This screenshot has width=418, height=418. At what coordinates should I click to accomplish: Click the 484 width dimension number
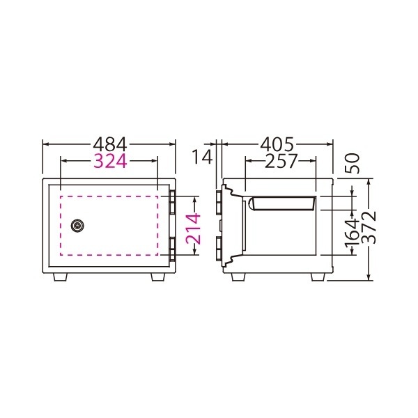click(110, 144)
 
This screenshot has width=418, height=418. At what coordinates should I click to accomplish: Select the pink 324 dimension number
click(110, 161)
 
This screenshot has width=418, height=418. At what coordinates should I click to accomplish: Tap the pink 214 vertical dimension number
click(193, 229)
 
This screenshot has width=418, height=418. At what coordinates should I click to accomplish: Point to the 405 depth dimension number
click(277, 144)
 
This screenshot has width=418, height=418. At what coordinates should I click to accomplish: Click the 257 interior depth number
click(281, 161)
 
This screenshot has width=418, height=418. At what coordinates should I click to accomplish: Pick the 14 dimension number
click(202, 157)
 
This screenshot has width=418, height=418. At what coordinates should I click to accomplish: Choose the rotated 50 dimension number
click(353, 163)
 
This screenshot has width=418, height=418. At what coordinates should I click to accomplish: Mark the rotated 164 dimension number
click(353, 234)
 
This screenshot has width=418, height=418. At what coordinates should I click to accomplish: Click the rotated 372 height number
click(369, 227)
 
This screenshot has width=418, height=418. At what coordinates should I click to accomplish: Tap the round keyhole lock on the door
click(77, 226)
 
